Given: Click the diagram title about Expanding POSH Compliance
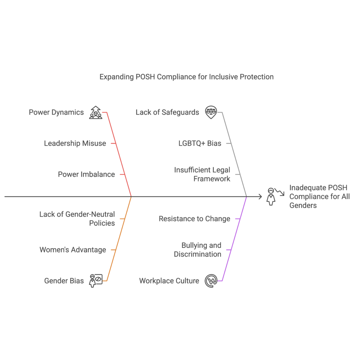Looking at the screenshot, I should pyautogui.click(x=186, y=77).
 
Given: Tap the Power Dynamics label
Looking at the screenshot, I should pyautogui.click(x=56, y=112).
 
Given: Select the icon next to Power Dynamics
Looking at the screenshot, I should pyautogui.click(x=95, y=112).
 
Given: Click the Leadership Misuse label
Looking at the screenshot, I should pyautogui.click(x=75, y=143).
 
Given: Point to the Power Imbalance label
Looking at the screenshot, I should pyautogui.click(x=86, y=174).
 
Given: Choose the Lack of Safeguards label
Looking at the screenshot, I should pyautogui.click(x=167, y=112).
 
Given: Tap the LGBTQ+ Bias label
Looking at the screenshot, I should pyautogui.click(x=199, y=143).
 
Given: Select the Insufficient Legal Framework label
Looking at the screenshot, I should pyautogui.click(x=202, y=174).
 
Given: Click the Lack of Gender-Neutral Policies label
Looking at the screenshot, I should pyautogui.click(x=77, y=219).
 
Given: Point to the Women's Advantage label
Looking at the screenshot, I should pyautogui.click(x=72, y=250).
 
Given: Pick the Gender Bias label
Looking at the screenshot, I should pyautogui.click(x=64, y=281).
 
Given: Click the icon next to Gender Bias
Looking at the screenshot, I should pyautogui.click(x=95, y=281).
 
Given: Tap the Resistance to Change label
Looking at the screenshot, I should pyautogui.click(x=194, y=219).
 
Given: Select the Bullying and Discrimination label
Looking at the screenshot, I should pyautogui.click(x=198, y=250).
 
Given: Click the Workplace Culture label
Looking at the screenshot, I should pyautogui.click(x=169, y=281).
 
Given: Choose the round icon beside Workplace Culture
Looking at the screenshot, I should pyautogui.click(x=211, y=281).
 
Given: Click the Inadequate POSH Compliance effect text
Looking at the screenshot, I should pyautogui.click(x=319, y=197).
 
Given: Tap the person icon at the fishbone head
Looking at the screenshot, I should pyautogui.click(x=271, y=196).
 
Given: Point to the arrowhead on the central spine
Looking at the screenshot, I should pyautogui.click(x=260, y=197).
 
